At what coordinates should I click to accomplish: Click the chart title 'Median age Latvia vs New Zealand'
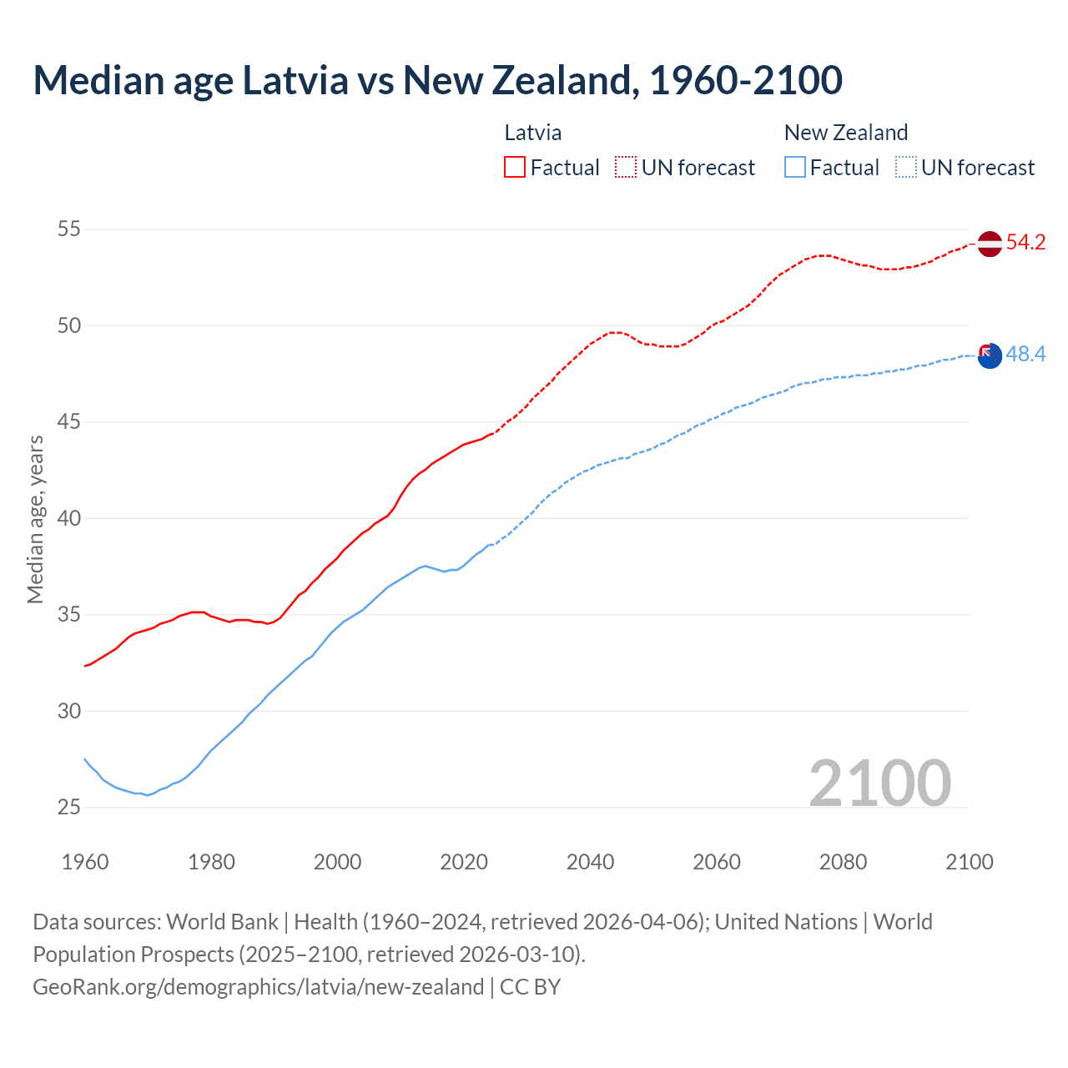coord(437,80)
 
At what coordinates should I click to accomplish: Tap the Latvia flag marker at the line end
coord(989,244)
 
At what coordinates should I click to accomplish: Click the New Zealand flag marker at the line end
coord(989,355)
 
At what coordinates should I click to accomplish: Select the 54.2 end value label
coord(1025,243)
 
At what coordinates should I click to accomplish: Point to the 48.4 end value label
coord(1025,355)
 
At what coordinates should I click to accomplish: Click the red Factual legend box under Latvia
coord(515,168)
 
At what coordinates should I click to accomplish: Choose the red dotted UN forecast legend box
coord(626,168)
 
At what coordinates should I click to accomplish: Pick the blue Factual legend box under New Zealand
coord(795,168)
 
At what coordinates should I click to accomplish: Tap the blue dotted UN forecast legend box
coord(906,168)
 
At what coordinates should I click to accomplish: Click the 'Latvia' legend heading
coord(532,133)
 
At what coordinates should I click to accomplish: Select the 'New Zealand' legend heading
coord(845,133)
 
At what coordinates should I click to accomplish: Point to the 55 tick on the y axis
coord(69,229)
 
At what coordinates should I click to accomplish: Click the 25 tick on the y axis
coord(69,807)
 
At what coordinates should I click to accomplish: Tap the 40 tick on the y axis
coord(69,518)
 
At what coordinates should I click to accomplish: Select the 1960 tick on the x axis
coord(85,862)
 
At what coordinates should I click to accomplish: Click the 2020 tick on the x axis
coord(464,862)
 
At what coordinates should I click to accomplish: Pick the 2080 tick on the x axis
coord(843,862)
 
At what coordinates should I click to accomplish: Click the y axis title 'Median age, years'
coord(35,518)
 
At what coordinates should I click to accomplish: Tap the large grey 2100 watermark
coord(879,783)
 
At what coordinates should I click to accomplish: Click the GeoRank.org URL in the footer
coord(258,987)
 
